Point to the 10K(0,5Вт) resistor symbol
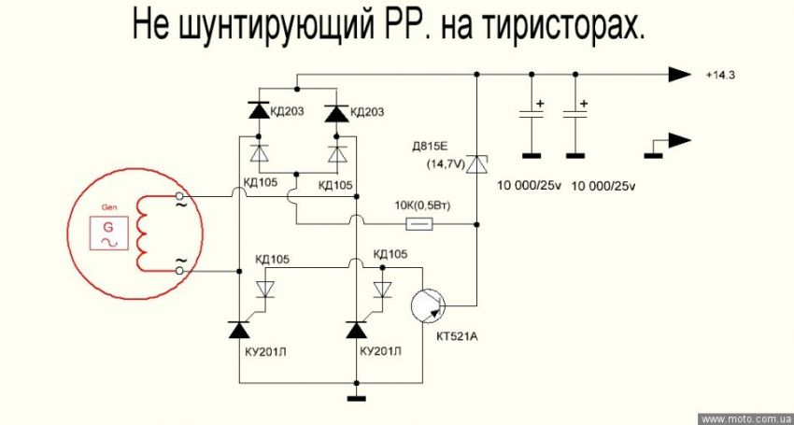420,224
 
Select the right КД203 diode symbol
335,112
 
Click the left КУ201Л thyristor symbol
240,330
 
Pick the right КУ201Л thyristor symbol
356,330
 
